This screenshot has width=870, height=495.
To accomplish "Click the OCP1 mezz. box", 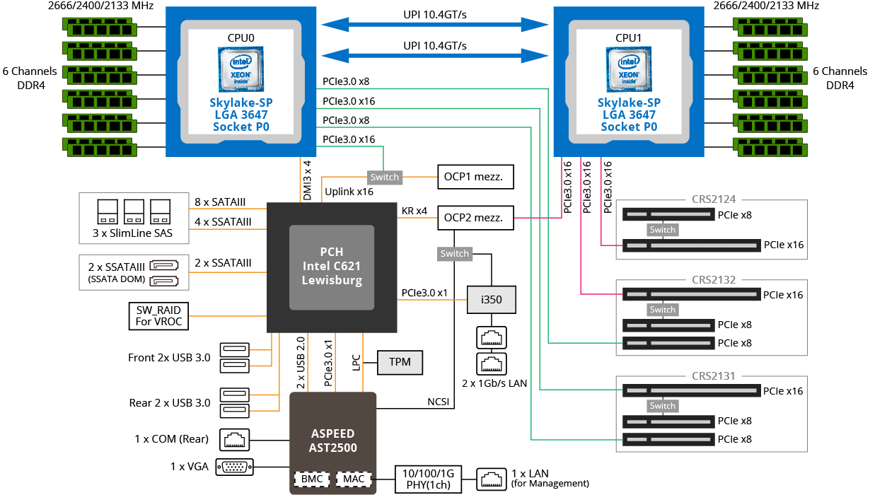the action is [x=475, y=177].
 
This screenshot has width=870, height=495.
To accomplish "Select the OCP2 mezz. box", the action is [x=475, y=218].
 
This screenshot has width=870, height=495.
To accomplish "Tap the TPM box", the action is [x=400, y=362].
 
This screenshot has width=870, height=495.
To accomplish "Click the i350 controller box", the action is [x=492, y=300].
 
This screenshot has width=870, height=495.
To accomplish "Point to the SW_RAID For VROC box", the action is [x=158, y=316].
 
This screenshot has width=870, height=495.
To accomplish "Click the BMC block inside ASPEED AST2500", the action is [x=312, y=479].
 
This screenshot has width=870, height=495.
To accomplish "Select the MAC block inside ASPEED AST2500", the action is [x=354, y=479].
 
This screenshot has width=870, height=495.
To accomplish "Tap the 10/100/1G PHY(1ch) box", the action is [x=429, y=479].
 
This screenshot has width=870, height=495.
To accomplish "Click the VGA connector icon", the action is [x=235, y=467].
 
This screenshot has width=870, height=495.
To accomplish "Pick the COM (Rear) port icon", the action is [x=235, y=440].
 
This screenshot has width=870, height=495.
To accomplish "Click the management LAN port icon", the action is [x=492, y=479].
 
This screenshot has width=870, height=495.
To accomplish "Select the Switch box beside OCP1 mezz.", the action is [x=385, y=177].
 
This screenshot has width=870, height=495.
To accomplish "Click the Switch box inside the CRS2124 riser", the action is [x=663, y=230].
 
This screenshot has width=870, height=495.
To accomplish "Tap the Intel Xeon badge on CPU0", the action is [x=240, y=69].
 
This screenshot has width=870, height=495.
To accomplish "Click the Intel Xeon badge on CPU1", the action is [x=629, y=69].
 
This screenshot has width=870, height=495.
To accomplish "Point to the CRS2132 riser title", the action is [x=714, y=280].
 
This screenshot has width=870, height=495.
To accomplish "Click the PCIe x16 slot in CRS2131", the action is [x=691, y=390].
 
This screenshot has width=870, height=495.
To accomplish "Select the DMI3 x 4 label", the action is [x=307, y=180].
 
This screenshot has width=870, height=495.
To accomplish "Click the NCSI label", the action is [x=438, y=402].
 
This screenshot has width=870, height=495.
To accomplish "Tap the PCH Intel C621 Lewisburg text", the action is [x=332, y=266].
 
